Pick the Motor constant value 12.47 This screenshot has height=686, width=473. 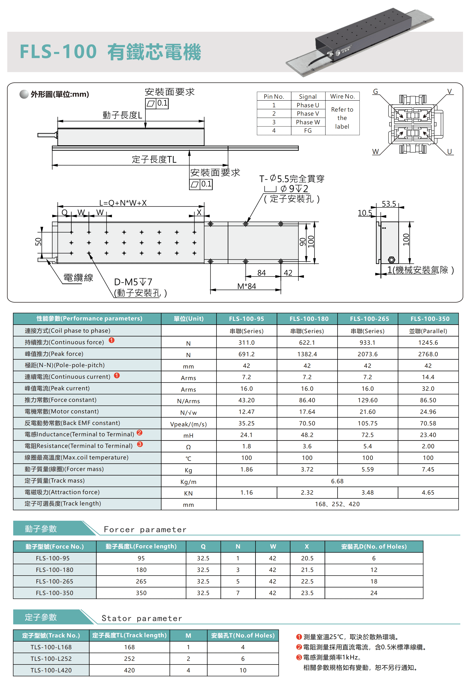246,412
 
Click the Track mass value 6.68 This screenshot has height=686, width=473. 337,481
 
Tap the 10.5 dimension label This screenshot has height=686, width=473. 365,213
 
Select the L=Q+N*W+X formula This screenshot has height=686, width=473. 123,203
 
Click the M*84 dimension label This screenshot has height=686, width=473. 246,286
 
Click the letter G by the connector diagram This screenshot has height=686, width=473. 375,91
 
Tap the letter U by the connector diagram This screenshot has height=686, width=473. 449,151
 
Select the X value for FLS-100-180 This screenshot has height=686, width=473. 307,570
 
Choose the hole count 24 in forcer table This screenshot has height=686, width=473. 374,593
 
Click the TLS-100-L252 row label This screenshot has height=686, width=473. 51,659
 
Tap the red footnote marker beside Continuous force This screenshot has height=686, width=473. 111,340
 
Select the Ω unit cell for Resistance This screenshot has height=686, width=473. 188,447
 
